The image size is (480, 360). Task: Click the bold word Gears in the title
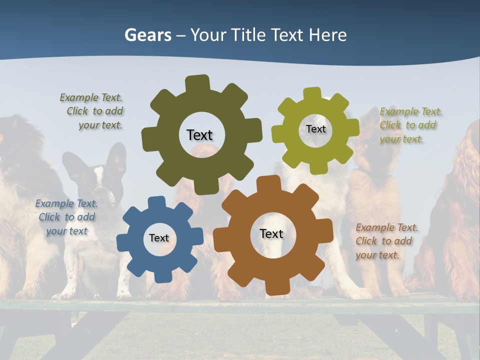[x=147, y=35]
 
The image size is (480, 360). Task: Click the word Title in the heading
[x=247, y=35]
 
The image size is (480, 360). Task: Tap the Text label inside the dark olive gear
[x=199, y=135]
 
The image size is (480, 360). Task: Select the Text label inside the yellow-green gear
[x=315, y=129]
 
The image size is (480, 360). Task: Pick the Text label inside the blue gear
[x=159, y=238]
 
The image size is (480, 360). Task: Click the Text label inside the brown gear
[x=271, y=233]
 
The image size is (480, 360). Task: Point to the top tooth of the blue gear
[x=156, y=202]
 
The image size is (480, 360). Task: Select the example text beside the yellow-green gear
[x=410, y=125]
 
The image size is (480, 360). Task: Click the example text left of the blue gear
[x=66, y=217]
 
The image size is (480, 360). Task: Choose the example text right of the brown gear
[x=386, y=241]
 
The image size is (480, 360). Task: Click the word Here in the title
[x=327, y=35]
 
